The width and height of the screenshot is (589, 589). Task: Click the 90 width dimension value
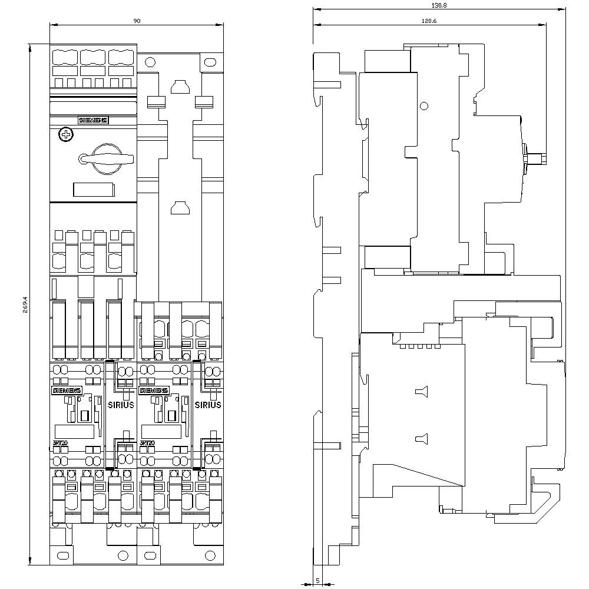click(137, 21)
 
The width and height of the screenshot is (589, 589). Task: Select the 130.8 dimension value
click(438, 5)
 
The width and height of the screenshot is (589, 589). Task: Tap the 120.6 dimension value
click(428, 20)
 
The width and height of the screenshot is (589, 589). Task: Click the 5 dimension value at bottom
click(317, 580)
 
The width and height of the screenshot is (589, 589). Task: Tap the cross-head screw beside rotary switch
click(66, 135)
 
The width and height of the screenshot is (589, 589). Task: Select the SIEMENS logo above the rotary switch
click(93, 120)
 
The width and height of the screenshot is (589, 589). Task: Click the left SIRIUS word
click(121, 405)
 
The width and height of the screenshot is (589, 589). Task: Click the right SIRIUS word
click(208, 405)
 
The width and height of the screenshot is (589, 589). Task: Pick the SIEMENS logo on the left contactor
click(68, 390)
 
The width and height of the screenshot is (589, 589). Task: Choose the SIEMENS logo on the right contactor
click(153, 390)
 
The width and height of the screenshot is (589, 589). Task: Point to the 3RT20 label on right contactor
click(147, 443)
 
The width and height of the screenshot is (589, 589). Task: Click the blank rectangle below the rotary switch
click(93, 189)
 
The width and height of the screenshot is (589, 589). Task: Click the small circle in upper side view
click(423, 106)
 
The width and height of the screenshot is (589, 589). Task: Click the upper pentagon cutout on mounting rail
click(178, 88)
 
